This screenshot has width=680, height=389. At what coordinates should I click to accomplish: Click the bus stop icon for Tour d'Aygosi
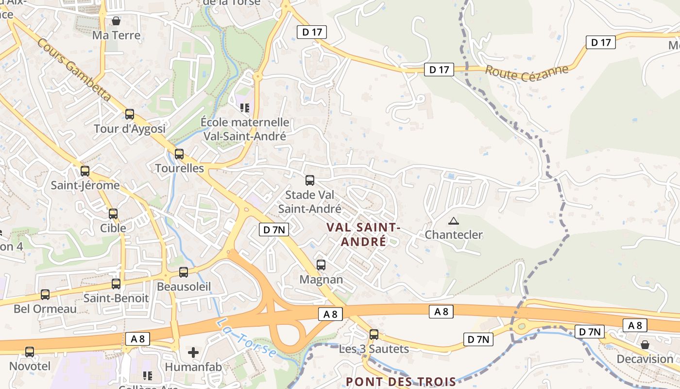[x=130, y=114]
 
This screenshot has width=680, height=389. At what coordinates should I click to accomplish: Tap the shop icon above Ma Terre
[x=116, y=21]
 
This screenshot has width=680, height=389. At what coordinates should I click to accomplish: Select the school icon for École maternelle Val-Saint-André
[x=245, y=107]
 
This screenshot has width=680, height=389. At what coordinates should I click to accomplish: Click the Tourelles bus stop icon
[x=179, y=154]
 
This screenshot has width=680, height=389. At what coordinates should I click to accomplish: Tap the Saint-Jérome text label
[x=85, y=185]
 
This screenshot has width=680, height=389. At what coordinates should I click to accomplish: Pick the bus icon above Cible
[x=113, y=213]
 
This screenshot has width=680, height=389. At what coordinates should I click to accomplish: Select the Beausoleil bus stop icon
[x=184, y=272]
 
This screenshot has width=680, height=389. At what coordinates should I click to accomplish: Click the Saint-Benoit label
[x=116, y=298]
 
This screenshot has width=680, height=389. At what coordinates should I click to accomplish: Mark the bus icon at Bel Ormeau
[x=45, y=294]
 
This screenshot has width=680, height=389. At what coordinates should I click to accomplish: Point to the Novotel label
[x=30, y=366]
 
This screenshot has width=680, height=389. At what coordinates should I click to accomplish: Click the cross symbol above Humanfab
[x=193, y=352]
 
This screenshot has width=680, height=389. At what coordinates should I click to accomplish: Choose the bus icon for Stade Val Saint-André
[x=310, y=180]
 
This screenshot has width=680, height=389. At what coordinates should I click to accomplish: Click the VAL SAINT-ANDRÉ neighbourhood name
[x=363, y=234]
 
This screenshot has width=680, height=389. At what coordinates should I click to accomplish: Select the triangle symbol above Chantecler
[x=453, y=221]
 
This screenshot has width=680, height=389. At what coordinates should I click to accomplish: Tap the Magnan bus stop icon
[x=321, y=265]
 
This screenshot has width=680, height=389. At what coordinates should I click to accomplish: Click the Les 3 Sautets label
[x=374, y=349]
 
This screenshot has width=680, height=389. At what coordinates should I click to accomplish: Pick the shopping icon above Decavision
[x=645, y=345]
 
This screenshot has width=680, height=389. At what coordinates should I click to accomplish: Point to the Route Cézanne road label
[x=527, y=72]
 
